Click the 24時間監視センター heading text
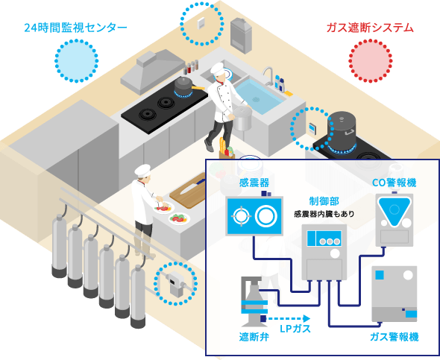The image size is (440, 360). coord(75,28)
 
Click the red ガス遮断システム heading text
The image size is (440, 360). coord(370,28)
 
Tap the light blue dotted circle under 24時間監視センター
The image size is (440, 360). coord(76,61)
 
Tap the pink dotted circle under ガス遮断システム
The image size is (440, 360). coord(371,61)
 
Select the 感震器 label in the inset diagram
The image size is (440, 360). coord(254,183)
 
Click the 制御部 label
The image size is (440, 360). coord(324,201)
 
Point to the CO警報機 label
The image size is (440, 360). coord(394,183)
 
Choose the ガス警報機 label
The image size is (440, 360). coord(395,337)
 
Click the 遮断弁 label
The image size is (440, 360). coord(254,337)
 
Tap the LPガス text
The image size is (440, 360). coord(295,329)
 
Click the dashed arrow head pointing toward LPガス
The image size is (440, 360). coord(307,318)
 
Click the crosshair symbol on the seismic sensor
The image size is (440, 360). coord(241,216)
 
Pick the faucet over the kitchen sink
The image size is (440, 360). coord(268,75)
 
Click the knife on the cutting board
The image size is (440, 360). coord(192,186)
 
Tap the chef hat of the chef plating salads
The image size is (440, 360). coord(142,171)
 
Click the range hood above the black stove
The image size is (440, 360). coord(152,71)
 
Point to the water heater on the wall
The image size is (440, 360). coord(241,35)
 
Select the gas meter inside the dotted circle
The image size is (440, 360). coord(176,283)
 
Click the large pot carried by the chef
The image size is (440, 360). coord(242,118)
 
